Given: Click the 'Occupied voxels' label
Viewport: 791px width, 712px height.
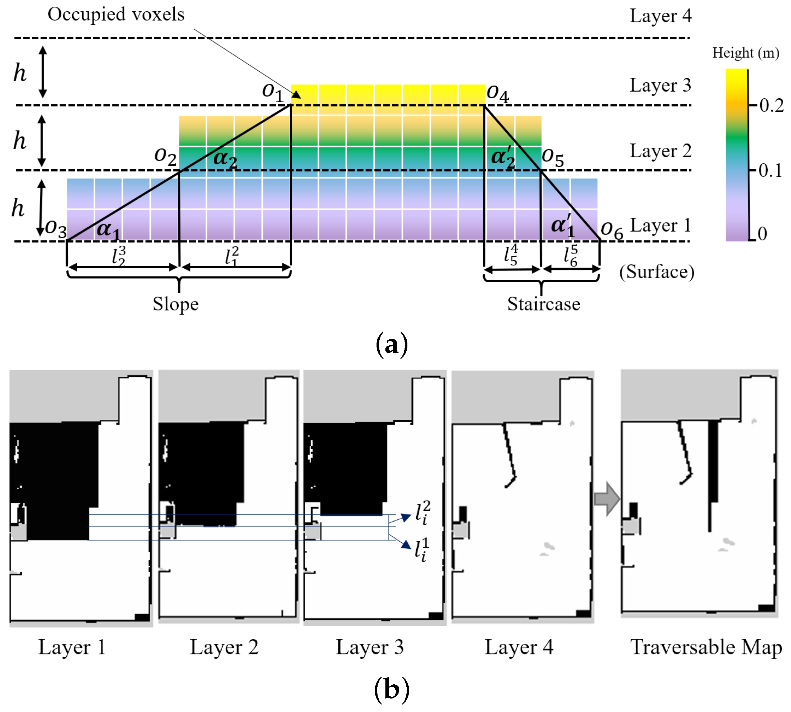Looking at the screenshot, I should (x=116, y=15).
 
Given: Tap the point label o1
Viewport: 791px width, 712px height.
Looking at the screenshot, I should (x=272, y=92).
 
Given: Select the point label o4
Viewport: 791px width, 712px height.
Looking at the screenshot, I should (x=497, y=94).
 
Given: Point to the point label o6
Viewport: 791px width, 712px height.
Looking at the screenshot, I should (x=612, y=230).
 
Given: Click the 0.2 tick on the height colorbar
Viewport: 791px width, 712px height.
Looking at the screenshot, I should (x=771, y=106).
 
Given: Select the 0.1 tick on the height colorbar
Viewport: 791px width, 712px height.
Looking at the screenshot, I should (x=770, y=171).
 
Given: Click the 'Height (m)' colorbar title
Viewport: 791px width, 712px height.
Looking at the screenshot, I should (x=745, y=53).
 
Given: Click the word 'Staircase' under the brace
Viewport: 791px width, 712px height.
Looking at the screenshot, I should (x=544, y=304).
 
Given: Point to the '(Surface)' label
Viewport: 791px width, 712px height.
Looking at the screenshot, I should (x=657, y=272).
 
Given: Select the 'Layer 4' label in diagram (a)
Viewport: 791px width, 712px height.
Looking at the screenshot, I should (x=660, y=16).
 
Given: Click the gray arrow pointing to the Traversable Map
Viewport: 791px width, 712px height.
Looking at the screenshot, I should (x=607, y=499).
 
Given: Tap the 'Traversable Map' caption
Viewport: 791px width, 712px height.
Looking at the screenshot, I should (x=706, y=647).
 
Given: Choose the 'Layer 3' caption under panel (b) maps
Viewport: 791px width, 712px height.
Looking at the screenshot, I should (x=369, y=647).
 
